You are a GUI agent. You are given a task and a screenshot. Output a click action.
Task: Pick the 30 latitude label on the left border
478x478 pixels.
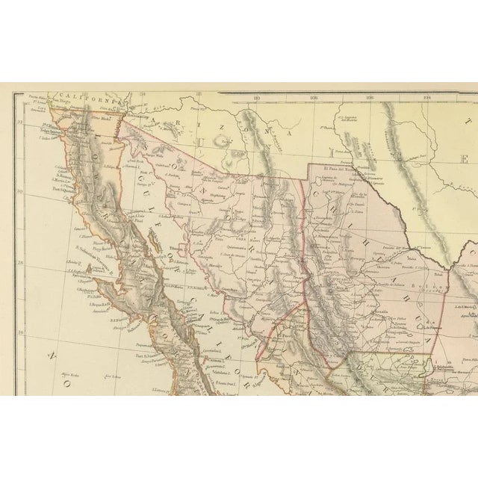pyautogui.click(x=20, y=192)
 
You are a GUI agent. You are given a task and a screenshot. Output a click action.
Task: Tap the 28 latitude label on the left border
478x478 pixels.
pyautogui.click(x=20, y=261)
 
